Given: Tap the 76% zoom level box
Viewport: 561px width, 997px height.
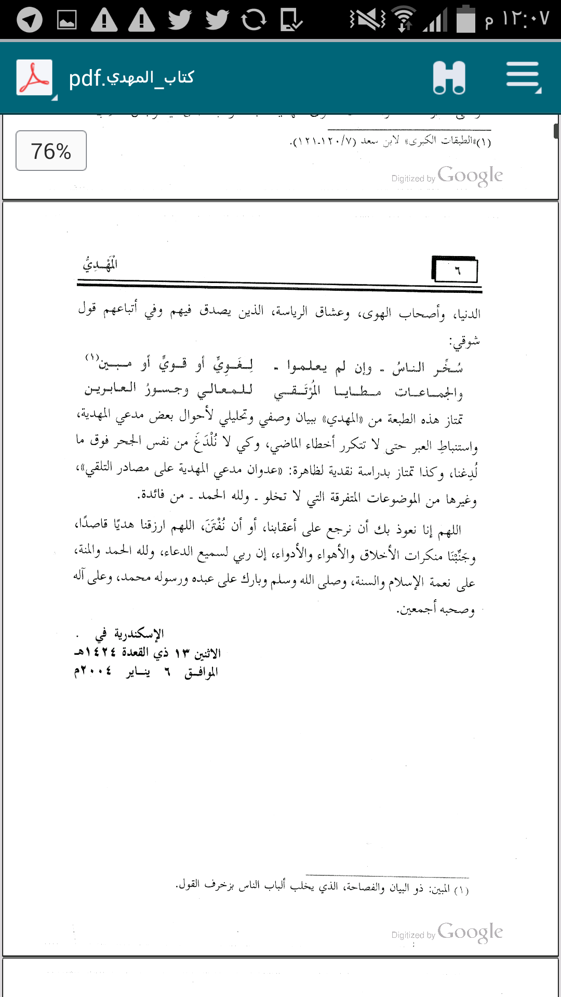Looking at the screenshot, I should [51, 151].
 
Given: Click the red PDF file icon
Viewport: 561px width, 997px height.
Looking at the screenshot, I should [34, 77].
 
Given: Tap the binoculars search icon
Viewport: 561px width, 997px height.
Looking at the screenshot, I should [449, 77].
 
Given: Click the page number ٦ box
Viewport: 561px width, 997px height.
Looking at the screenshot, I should [456, 270].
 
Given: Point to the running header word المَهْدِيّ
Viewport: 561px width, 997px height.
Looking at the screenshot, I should [100, 264].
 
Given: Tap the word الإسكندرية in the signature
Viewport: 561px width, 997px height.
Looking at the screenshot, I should [139, 634].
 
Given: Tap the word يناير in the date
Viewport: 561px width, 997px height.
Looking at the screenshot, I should [138, 672].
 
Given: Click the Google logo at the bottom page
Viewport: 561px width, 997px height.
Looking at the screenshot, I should [470, 932].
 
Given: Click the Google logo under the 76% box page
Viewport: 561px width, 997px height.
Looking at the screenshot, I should [470, 176].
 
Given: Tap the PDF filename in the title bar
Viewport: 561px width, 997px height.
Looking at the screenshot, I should [131, 78].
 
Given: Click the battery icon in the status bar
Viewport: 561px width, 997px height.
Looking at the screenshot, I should [466, 20].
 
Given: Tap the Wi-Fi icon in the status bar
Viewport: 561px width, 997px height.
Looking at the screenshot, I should [404, 20].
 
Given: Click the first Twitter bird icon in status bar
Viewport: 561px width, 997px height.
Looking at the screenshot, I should [180, 20].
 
